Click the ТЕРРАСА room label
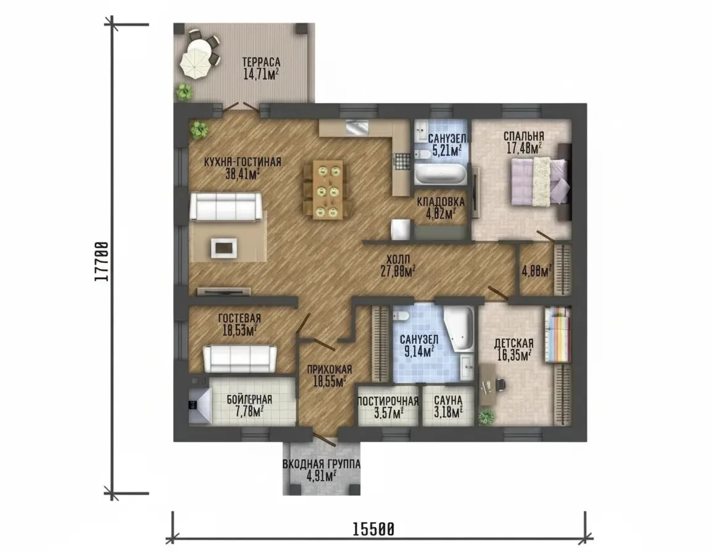(260, 62)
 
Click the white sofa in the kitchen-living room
(226, 207)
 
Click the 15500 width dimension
(373, 529)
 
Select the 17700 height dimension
(102, 262)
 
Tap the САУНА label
(448, 401)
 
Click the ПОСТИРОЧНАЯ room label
(388, 401)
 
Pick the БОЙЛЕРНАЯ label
(249, 399)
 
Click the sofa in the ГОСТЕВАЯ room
(240, 359)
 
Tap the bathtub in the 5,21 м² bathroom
(440, 173)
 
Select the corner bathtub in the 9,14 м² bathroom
(459, 328)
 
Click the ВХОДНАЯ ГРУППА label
(322, 465)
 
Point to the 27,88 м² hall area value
(399, 272)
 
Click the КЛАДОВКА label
(441, 202)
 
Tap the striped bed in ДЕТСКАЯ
(557, 335)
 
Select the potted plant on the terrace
(184, 91)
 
